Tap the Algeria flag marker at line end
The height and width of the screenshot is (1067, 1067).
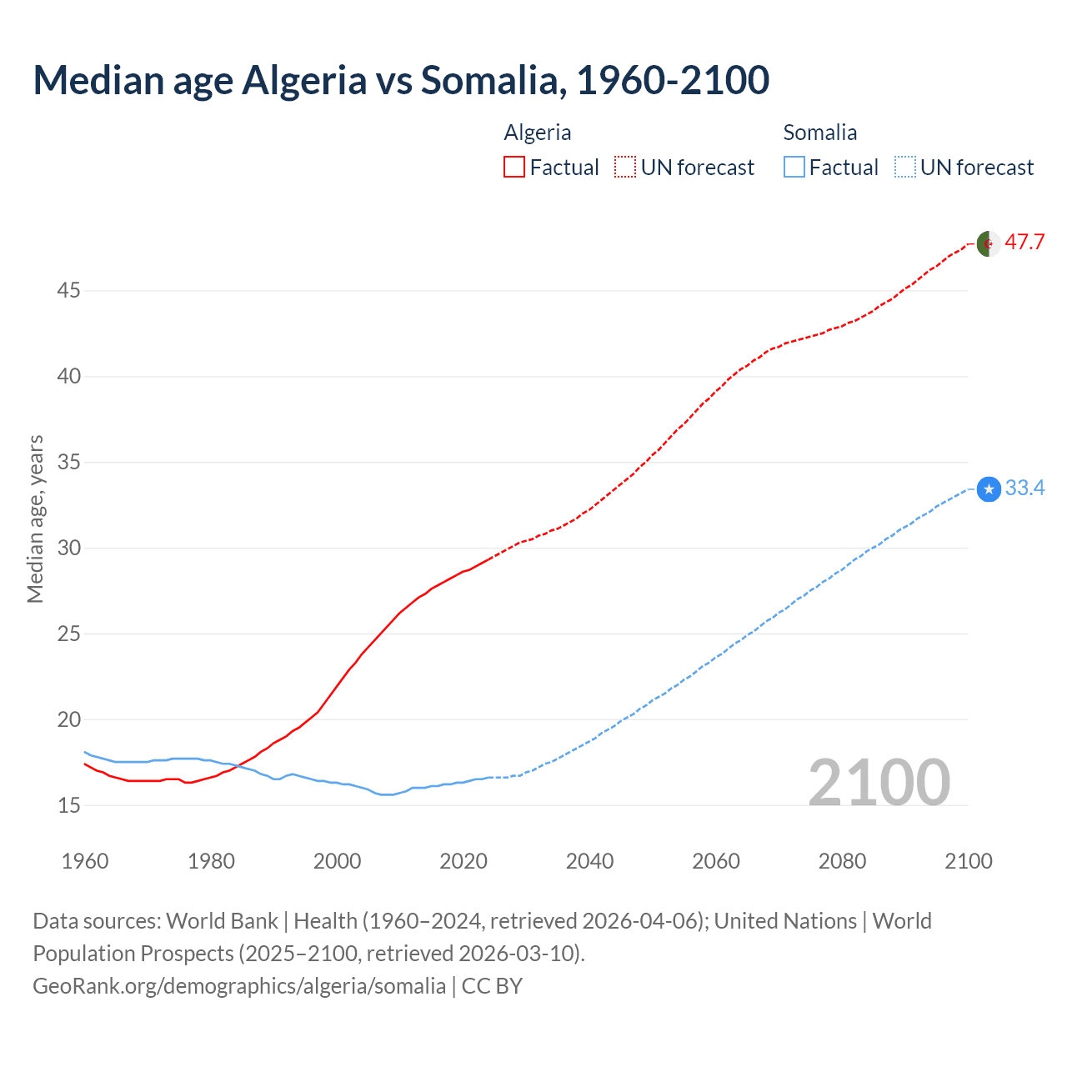click(x=989, y=244)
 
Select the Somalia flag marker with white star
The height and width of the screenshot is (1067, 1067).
click(x=989, y=489)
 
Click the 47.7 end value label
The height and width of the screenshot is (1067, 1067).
click(x=1024, y=243)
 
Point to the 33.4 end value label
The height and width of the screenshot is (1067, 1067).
click(x=1024, y=488)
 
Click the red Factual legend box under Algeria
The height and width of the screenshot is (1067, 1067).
click(x=514, y=168)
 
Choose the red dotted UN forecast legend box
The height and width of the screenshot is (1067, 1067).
click(x=625, y=168)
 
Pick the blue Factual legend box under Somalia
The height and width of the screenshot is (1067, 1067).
click(x=794, y=168)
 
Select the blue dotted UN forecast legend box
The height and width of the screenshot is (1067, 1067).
click(x=904, y=168)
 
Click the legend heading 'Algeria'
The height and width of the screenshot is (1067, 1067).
click(x=538, y=133)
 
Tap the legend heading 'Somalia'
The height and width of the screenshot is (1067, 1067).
click(x=819, y=133)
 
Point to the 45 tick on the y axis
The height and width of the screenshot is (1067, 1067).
click(x=68, y=291)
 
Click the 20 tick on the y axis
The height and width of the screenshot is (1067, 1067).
click(x=68, y=719)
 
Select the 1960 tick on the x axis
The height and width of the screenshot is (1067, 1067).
click(x=85, y=861)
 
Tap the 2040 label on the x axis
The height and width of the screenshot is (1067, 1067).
click(x=589, y=861)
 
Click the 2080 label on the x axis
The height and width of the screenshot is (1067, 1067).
click(x=842, y=861)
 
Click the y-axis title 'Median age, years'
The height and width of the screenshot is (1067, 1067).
click(x=35, y=518)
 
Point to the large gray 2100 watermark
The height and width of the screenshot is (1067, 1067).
click(x=879, y=783)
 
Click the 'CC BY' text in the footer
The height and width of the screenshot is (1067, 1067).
click(x=492, y=986)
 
